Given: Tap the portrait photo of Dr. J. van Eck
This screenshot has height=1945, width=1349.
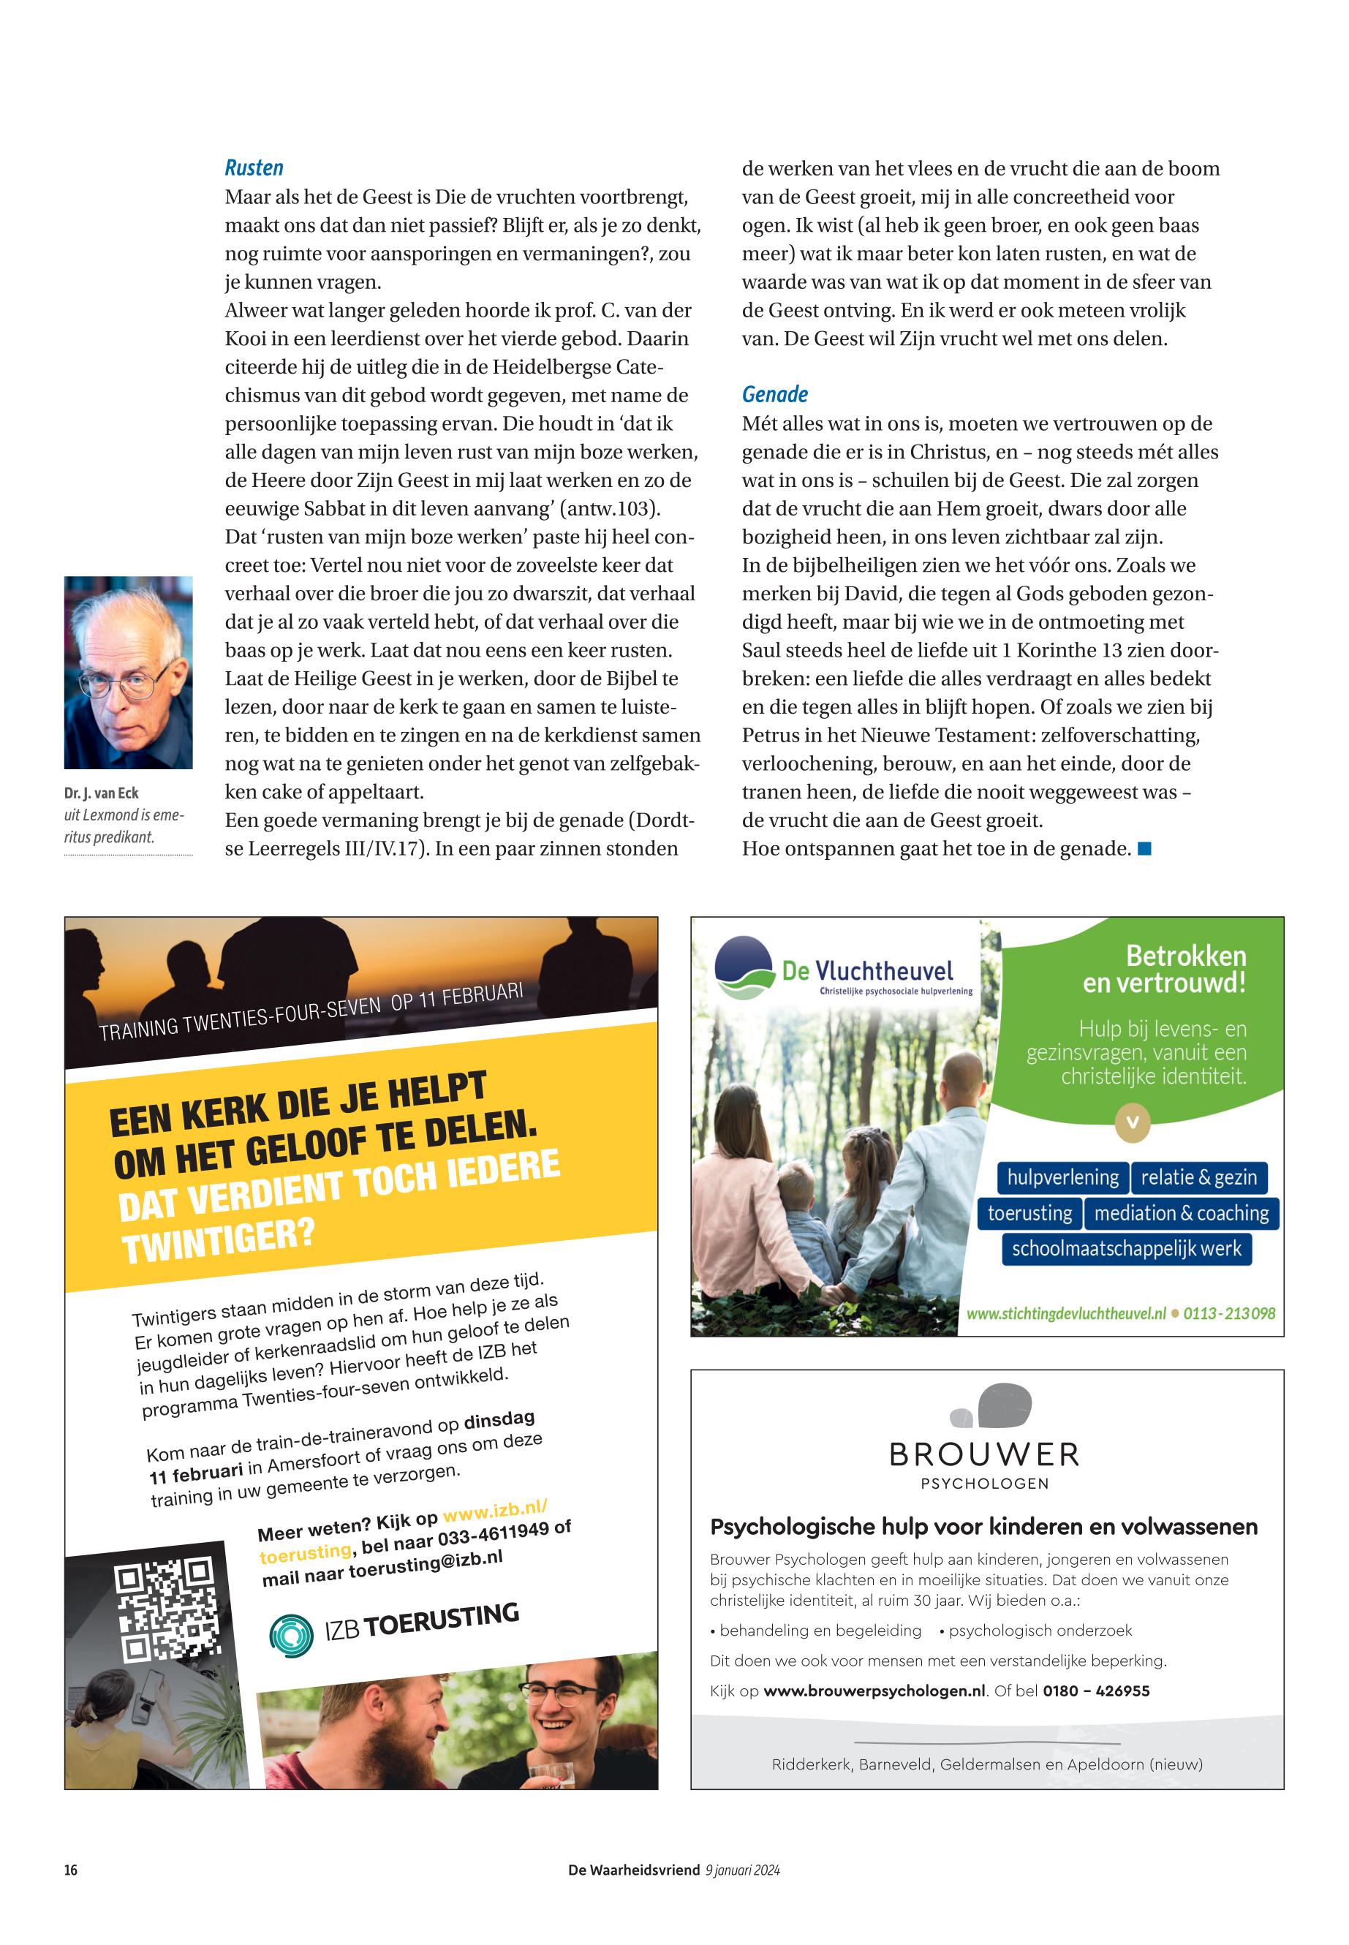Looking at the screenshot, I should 129,672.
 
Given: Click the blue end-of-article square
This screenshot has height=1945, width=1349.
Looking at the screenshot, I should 1144,847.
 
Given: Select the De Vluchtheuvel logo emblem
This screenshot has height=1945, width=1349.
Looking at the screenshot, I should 744,969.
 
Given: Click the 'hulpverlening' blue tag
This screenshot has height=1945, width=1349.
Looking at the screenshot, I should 1062,1177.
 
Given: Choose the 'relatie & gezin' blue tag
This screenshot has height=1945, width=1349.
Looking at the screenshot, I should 1198,1177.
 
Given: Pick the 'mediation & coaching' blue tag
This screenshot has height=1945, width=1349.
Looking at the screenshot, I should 1181,1213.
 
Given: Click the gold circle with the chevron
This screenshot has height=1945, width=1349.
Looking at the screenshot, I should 1133,1122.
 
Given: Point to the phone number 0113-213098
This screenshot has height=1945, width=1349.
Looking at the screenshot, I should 1229,1313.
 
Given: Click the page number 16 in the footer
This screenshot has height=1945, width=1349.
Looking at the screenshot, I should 71,1870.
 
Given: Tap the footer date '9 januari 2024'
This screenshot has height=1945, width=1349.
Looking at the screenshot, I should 742,1870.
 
